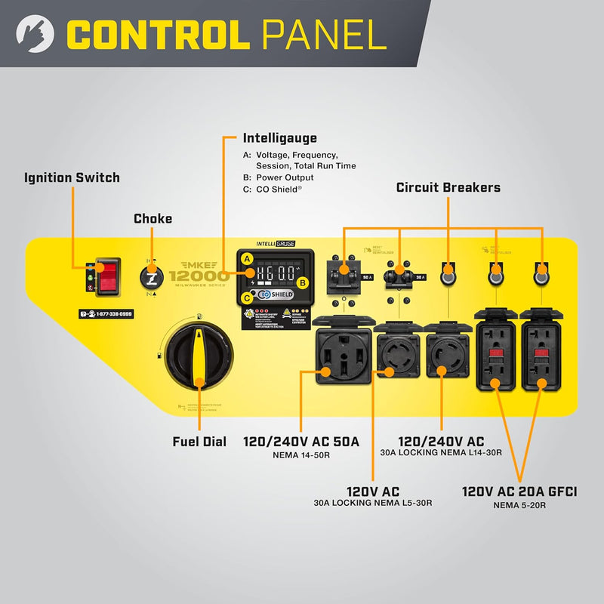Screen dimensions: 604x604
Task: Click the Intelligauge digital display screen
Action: tap(275, 273)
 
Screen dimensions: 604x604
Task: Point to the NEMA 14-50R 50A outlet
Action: tap(342, 361)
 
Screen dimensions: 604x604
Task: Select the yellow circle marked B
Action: tap(303, 283)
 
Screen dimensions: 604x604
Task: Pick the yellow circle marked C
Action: tap(247, 297)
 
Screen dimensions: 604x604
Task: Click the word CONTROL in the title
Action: tap(157, 34)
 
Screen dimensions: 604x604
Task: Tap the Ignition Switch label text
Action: tap(72, 178)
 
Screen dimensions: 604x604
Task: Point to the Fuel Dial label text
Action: tap(199, 442)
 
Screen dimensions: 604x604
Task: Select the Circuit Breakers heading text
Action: tap(448, 187)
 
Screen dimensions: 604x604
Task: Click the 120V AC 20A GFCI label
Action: tap(519, 492)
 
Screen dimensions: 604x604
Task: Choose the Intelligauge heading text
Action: tap(279, 138)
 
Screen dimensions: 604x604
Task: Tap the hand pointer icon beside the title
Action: tap(30, 33)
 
